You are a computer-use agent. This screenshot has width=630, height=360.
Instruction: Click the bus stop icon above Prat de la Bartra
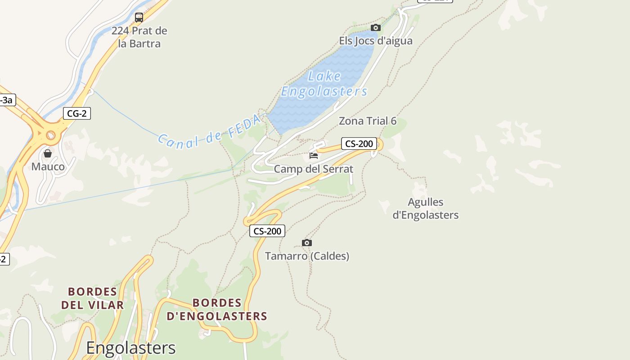tap(139, 18)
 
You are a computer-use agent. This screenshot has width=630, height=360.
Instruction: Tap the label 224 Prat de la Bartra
tap(139, 37)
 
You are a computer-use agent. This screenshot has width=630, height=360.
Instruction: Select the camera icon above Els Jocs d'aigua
tap(376, 28)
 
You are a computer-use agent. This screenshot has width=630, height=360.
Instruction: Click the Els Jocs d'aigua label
tap(376, 41)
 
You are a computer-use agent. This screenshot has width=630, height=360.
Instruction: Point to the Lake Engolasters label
tap(324, 84)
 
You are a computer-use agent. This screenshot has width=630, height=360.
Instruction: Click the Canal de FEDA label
tap(210, 131)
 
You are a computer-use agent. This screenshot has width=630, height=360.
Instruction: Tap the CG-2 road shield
tap(76, 113)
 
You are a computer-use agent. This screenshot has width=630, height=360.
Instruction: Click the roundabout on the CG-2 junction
tap(50, 135)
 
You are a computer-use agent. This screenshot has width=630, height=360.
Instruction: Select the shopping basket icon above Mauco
tap(48, 154)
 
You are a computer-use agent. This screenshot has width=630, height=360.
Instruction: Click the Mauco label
tap(48, 167)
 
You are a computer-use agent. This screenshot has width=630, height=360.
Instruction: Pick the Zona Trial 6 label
tap(368, 121)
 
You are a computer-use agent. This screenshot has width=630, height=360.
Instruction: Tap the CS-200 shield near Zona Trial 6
tap(359, 144)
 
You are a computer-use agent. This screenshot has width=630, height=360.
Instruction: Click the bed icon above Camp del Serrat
tap(314, 156)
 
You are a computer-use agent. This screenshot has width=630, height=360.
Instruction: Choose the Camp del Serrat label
tap(314, 169)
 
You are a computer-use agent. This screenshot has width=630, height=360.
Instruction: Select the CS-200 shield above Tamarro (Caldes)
tap(267, 231)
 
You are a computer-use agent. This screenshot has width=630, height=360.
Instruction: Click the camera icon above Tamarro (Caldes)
tap(307, 243)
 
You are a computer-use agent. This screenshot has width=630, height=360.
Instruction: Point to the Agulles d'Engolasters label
tap(425, 208)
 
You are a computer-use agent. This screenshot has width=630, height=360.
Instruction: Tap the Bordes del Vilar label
tap(92, 298)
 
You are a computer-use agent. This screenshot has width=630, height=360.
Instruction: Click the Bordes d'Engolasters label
tap(217, 310)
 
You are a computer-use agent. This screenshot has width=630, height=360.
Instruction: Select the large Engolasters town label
tap(130, 348)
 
